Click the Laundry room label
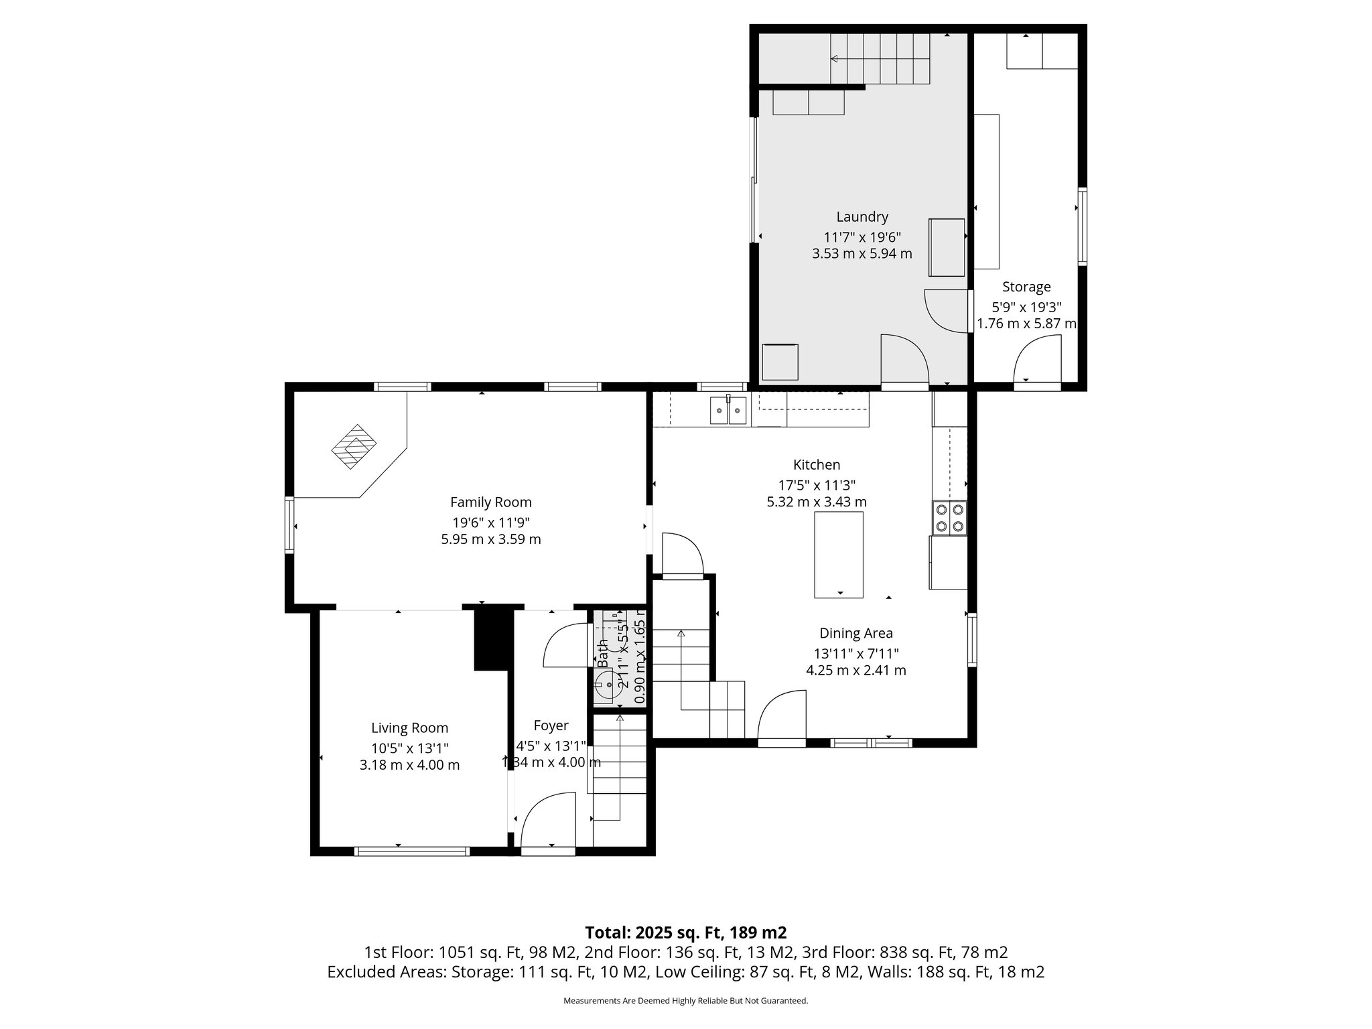pyautogui.click(x=862, y=217)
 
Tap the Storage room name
pyautogui.click(x=1026, y=287)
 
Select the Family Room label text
pyautogui.click(x=490, y=502)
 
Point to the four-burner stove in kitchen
pyautogui.click(x=949, y=518)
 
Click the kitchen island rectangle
pyautogui.click(x=838, y=554)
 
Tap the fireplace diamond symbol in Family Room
pyautogui.click(x=354, y=446)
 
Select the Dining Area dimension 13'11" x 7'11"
pyautogui.click(x=855, y=653)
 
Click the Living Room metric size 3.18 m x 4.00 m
pyautogui.click(x=409, y=765)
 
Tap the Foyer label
pyautogui.click(x=551, y=726)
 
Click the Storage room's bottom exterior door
pyautogui.click(x=1037, y=362)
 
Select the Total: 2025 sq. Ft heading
pyautogui.click(x=685, y=933)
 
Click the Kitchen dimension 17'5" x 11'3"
pyautogui.click(x=816, y=485)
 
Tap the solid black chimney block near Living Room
pyautogui.click(x=493, y=638)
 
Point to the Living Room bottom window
pyautogui.click(x=411, y=851)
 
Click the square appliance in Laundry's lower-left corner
pyautogui.click(x=780, y=362)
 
